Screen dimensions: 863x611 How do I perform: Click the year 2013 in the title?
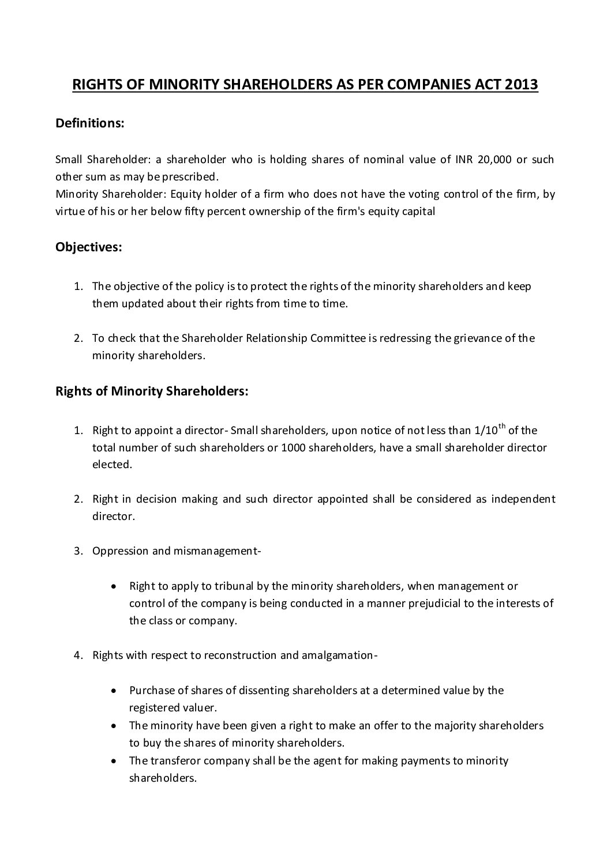click(521, 85)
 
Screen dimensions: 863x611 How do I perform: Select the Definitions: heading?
click(89, 124)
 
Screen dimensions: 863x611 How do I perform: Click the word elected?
click(112, 464)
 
